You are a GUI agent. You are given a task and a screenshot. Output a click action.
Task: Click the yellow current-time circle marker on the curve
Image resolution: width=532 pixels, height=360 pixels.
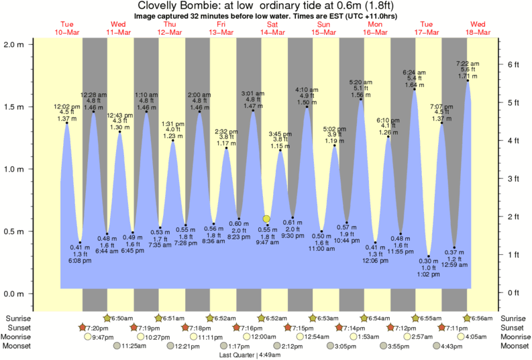[266, 219]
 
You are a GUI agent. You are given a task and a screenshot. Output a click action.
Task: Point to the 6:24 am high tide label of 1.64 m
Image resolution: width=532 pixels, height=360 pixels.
[415, 78]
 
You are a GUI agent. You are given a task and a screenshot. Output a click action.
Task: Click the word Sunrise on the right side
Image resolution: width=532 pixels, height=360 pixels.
[513, 317]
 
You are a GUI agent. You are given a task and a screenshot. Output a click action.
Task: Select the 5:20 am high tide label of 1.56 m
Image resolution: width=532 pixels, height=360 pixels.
[361, 89]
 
